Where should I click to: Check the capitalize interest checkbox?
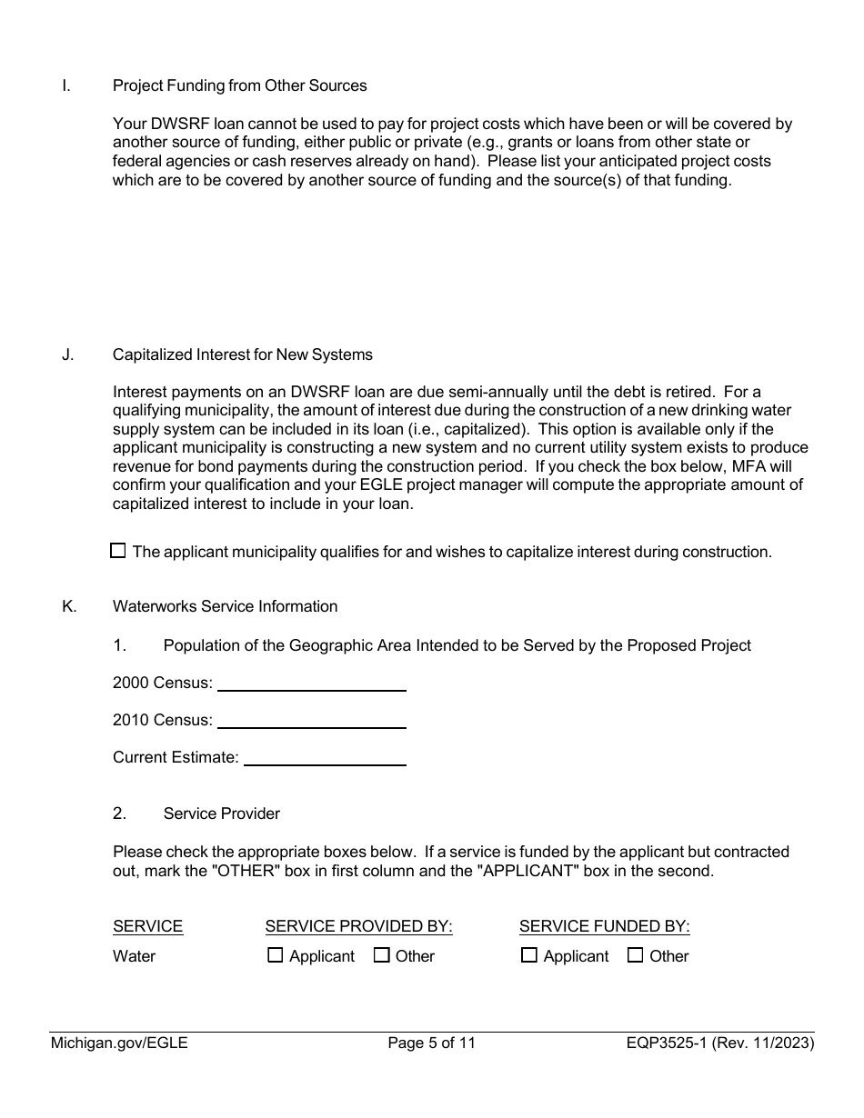click(x=117, y=551)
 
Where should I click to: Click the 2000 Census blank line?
click(x=311, y=684)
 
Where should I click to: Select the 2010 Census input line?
click(x=311, y=721)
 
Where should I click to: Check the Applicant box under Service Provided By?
click(x=276, y=955)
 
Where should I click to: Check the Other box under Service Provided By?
click(x=382, y=955)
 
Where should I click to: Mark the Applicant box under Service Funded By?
click(x=529, y=955)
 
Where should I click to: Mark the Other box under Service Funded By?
click(x=636, y=955)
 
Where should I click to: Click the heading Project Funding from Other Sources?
click(x=239, y=85)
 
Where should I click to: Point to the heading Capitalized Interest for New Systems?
click(x=242, y=354)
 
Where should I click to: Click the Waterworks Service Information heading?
click(x=225, y=606)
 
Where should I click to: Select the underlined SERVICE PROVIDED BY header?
click(x=358, y=926)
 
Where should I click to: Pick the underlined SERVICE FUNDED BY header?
click(x=604, y=926)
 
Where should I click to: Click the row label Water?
click(x=134, y=956)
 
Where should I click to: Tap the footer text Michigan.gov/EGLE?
click(x=119, y=1043)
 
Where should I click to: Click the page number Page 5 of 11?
click(x=431, y=1043)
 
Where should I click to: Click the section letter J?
click(x=67, y=354)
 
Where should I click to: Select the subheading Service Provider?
click(x=221, y=814)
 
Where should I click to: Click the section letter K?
click(x=69, y=606)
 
